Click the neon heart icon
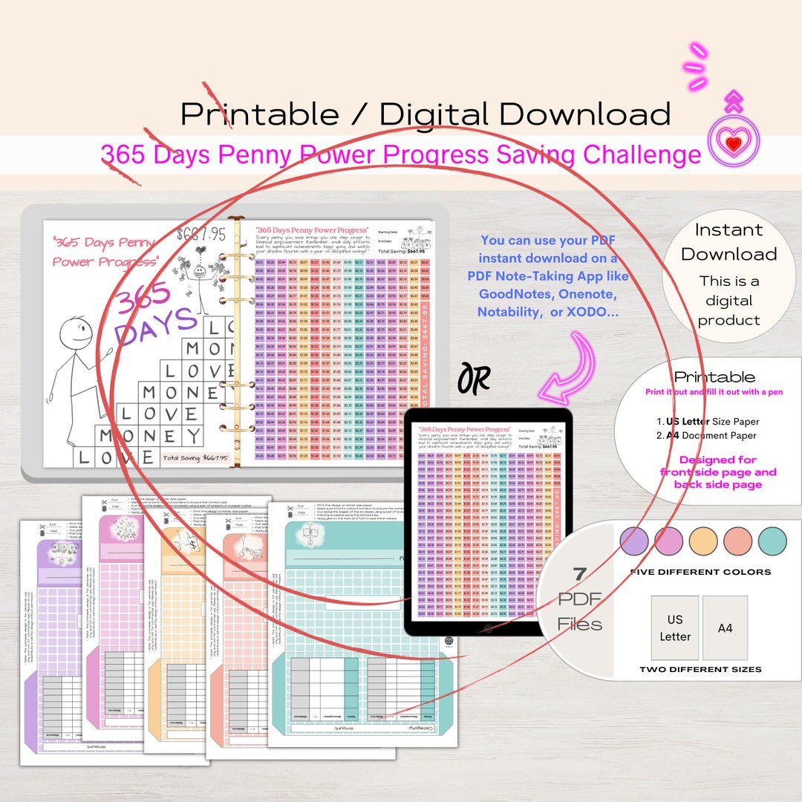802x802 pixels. [x=734, y=143]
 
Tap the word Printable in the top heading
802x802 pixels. [x=259, y=114]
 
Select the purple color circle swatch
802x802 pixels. [x=634, y=541]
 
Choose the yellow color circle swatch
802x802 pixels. [x=703, y=541]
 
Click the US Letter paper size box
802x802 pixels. [x=674, y=627]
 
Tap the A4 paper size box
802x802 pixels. [x=725, y=627]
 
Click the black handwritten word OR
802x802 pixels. [x=474, y=378]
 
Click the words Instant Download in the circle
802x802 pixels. [x=728, y=242]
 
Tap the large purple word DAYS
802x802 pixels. [x=156, y=327]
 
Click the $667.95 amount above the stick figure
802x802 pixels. [x=200, y=235]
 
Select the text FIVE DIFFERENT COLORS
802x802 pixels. [x=700, y=572]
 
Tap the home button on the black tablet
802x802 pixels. [x=487, y=627]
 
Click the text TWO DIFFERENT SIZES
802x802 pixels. [x=700, y=669]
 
